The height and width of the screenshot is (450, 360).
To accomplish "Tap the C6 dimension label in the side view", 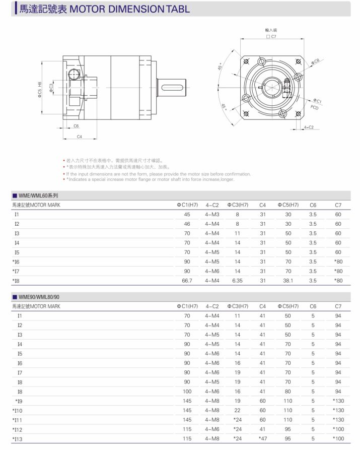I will point(76,126).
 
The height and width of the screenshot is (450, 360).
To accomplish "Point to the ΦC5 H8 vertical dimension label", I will point(40,90).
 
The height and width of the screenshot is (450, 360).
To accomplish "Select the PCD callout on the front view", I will point(314,107).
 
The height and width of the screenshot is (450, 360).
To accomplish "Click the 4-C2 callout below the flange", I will point(309,127).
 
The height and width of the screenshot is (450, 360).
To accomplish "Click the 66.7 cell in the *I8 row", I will point(187,281).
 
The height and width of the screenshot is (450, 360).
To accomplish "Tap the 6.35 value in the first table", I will point(237,281).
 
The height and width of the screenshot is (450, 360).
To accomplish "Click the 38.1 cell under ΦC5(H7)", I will point(287,281).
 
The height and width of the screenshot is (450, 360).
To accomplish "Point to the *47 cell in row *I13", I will point(262,438).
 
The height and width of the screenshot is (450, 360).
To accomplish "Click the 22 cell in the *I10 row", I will point(237,410).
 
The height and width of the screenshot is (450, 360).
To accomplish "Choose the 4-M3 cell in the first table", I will point(212,215).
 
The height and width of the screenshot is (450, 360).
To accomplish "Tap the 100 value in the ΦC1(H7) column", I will point(187,392).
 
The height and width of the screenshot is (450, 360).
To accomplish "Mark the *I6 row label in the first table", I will point(16,262).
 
